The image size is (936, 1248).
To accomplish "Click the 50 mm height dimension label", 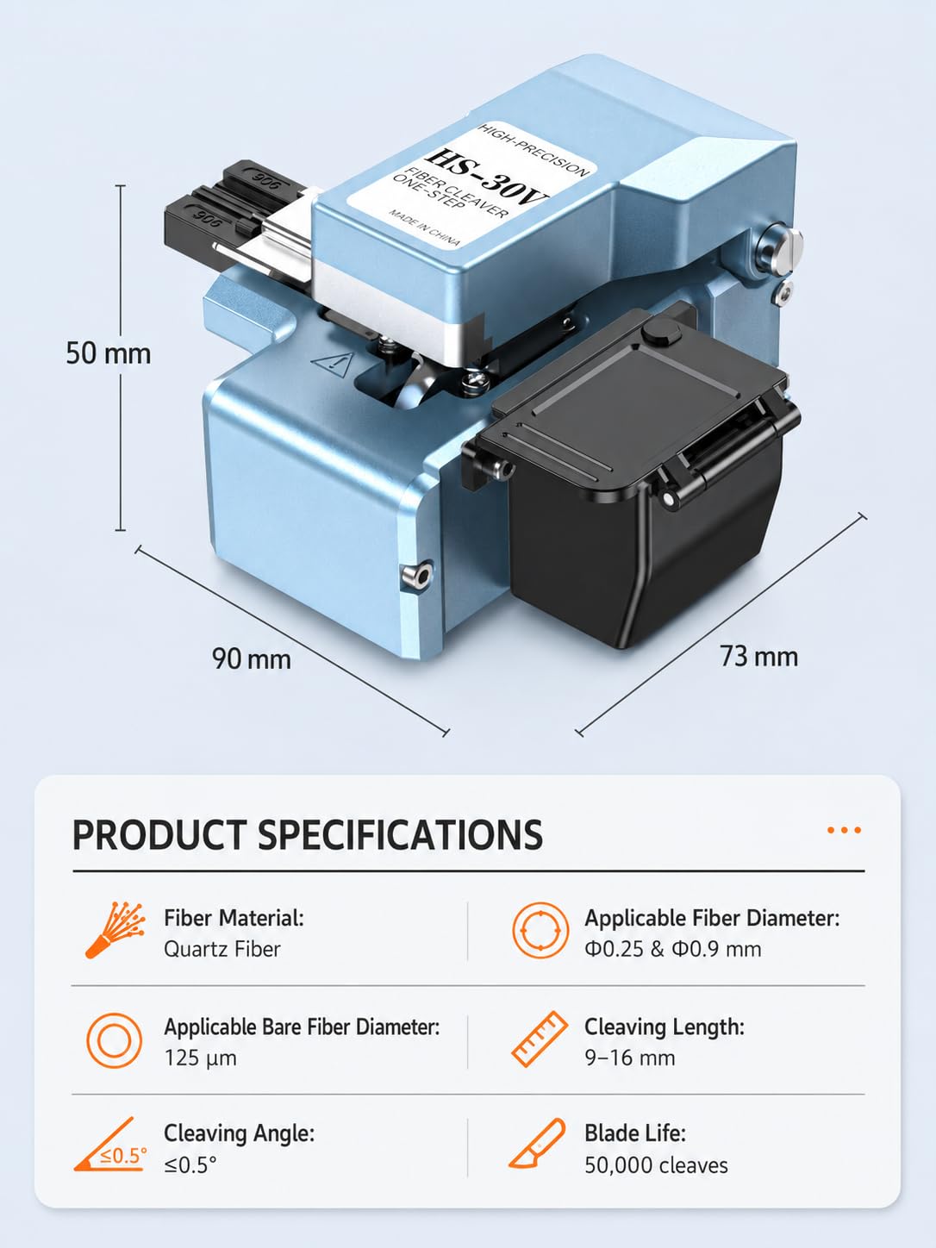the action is tap(109, 353).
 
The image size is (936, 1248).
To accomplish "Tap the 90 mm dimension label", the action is tap(251, 659).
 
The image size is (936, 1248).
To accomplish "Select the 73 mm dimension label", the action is tap(758, 656).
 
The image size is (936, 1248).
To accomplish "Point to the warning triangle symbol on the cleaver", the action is tap(333, 364).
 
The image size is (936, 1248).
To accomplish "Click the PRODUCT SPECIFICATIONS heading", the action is tap(308, 834).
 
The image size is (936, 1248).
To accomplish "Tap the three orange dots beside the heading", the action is tap(844, 830).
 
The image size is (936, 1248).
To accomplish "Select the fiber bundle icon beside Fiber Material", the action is tap(115, 930).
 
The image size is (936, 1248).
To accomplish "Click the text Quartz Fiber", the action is tap(222, 949).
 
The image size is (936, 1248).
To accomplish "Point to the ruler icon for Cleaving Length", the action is tap(540, 1039).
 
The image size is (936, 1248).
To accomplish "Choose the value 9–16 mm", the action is tap(630, 1058).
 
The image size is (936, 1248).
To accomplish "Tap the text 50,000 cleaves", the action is tap(657, 1165).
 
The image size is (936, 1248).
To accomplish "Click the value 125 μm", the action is tap(200, 1058).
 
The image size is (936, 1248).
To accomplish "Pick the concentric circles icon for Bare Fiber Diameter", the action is tap(115, 1040).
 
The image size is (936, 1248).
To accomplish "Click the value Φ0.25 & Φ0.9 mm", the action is tap(673, 949).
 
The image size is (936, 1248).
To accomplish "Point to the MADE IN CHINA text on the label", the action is tap(424, 228).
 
